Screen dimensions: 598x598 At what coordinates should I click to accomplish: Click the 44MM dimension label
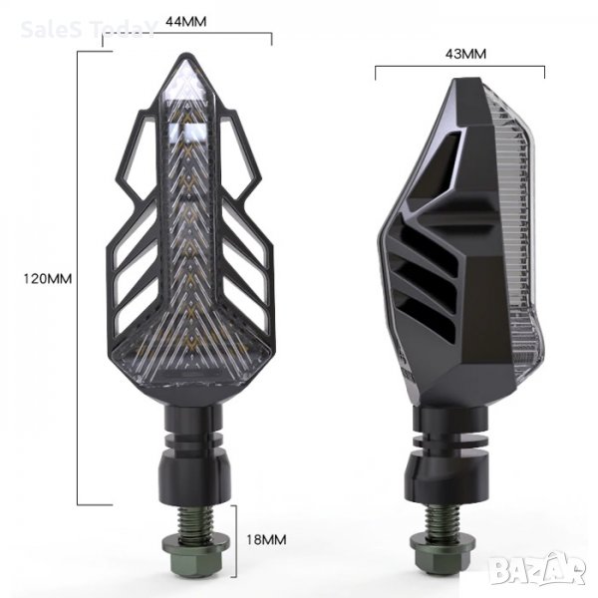coord(185,21)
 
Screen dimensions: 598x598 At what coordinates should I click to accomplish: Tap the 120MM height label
coord(48,279)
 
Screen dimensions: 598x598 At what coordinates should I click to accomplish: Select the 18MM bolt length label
coord(266,539)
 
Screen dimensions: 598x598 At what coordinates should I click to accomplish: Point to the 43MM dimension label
coord(465,54)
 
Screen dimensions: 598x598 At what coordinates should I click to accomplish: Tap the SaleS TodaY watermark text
coord(89,29)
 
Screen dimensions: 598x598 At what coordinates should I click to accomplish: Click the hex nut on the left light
coord(196,551)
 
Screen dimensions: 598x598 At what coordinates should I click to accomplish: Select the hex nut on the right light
coord(443,550)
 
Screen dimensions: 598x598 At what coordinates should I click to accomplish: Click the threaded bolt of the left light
coord(195,520)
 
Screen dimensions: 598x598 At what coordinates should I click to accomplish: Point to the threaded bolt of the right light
coord(442,518)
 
